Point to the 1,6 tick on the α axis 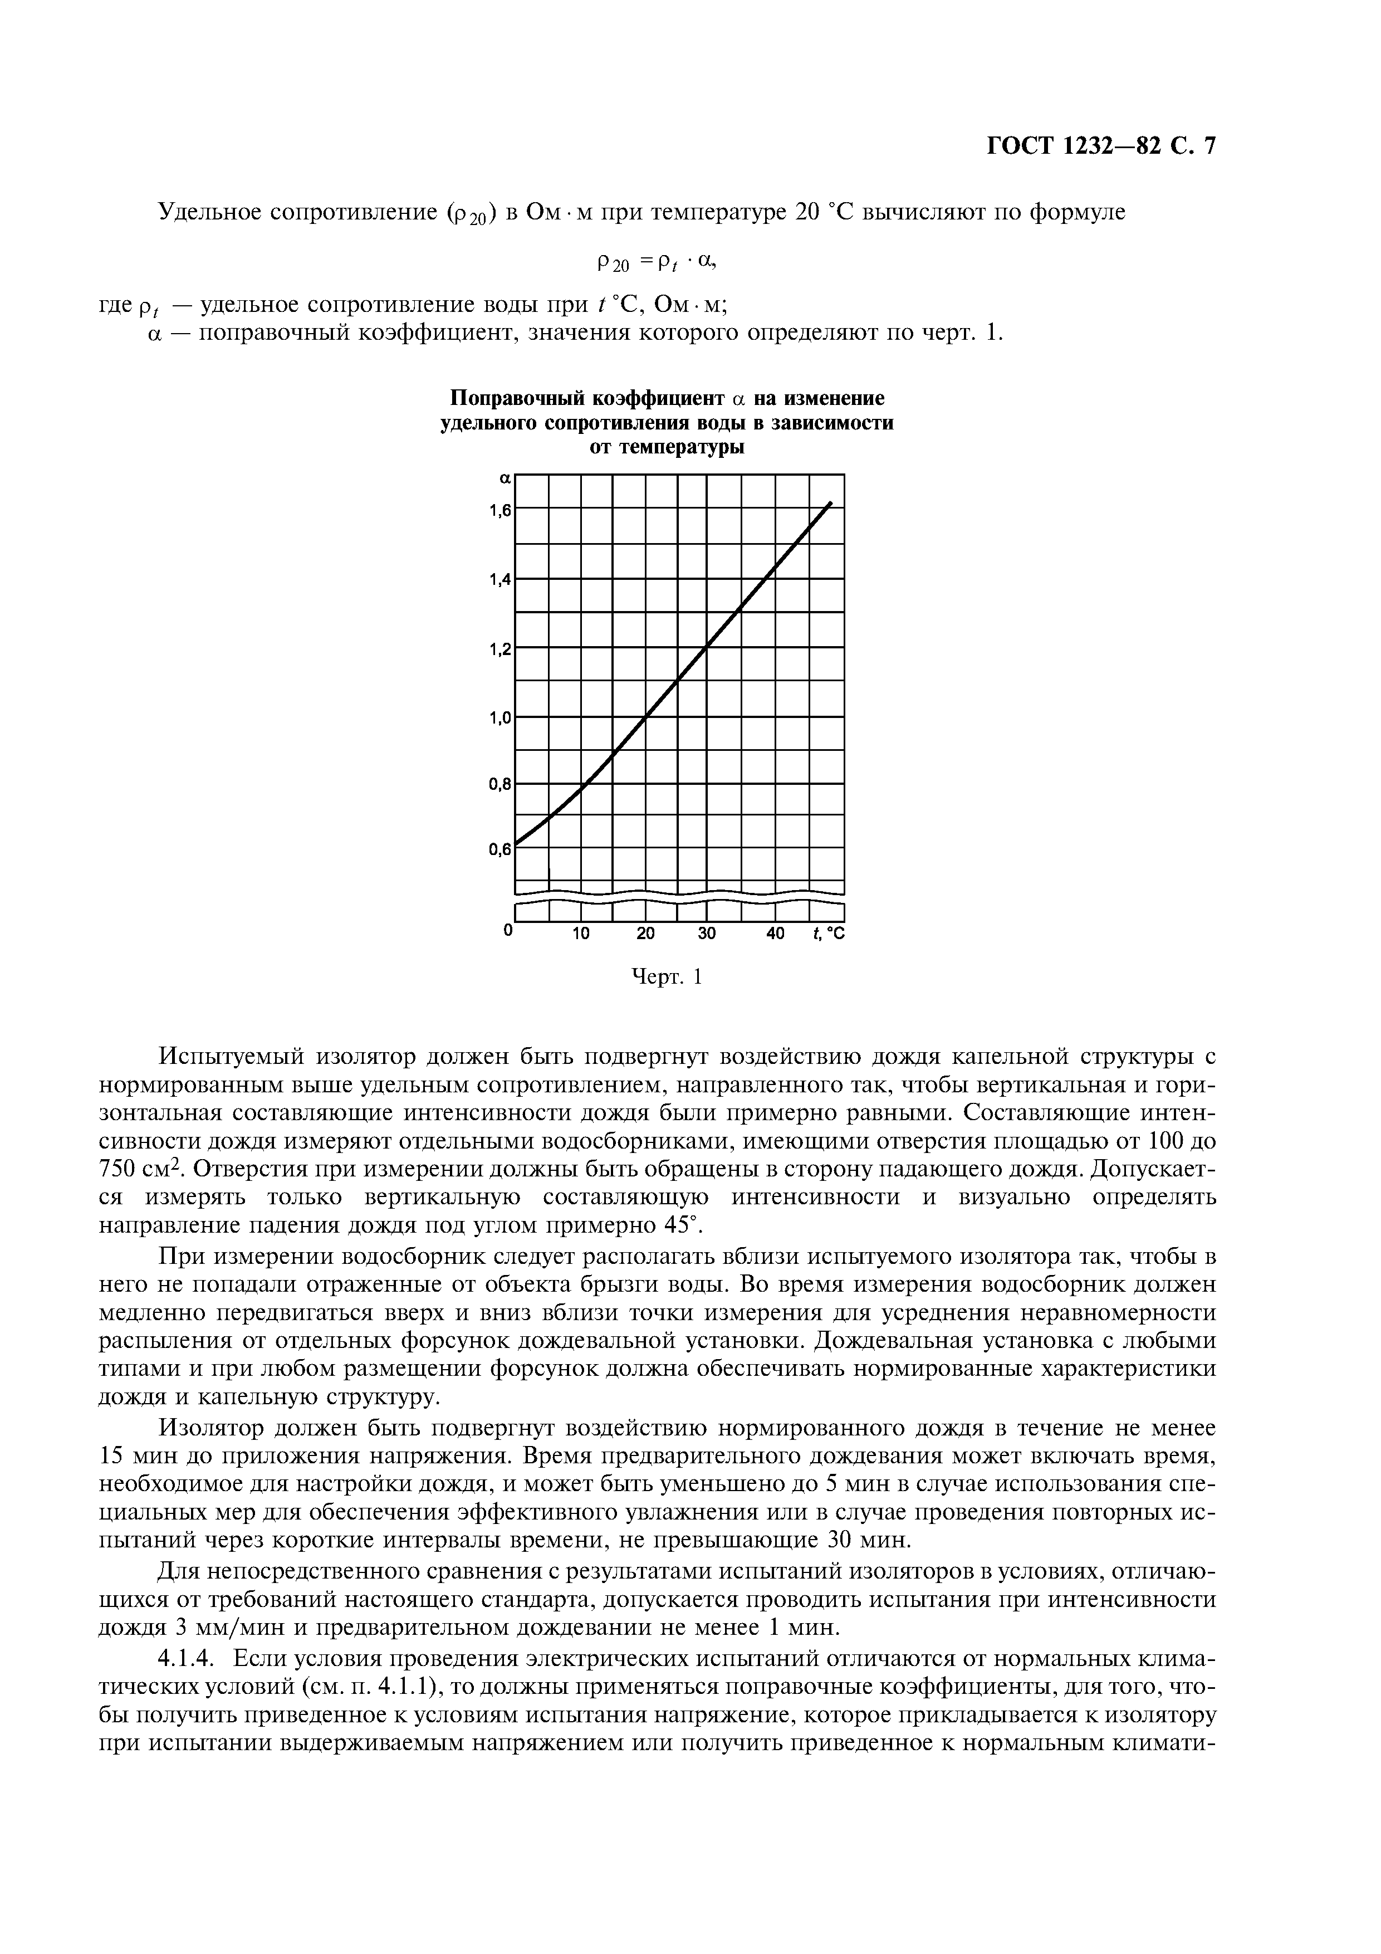coord(500,511)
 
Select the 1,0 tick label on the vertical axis coord(500,717)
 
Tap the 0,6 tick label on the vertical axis coord(499,848)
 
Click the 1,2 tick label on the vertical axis coord(500,649)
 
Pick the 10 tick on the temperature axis coord(580,934)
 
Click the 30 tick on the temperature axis coord(707,934)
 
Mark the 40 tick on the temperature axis coord(775,934)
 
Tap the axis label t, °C coord(828,934)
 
